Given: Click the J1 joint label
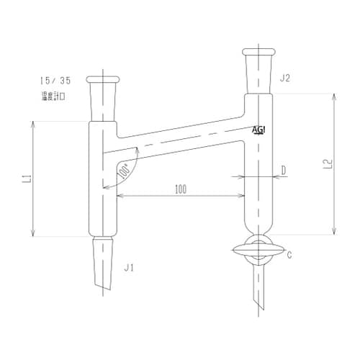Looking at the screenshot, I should [x=130, y=268].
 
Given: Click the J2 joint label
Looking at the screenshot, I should [x=284, y=78].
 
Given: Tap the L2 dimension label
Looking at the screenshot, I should [x=326, y=164].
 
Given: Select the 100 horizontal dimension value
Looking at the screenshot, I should [x=180, y=189].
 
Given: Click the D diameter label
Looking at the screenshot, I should [x=284, y=171].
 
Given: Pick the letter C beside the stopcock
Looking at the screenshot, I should [x=289, y=254].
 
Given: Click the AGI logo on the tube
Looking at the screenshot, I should [x=259, y=130].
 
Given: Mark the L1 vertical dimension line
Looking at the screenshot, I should [x=33, y=178].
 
